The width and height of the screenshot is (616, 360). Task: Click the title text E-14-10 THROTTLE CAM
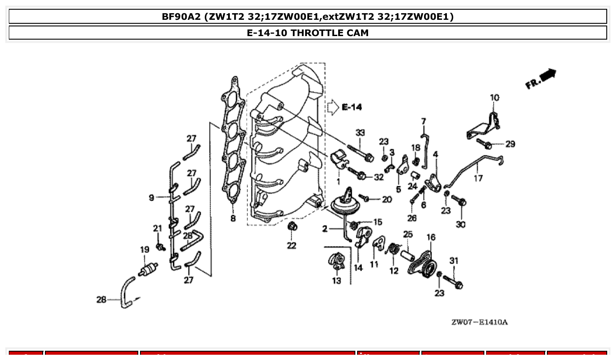(x=308, y=33)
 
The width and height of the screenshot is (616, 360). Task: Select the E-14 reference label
(x=351, y=107)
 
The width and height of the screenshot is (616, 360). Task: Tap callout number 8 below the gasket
(x=232, y=218)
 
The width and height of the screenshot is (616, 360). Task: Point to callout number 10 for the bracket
(x=494, y=98)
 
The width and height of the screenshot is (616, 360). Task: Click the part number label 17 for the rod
(x=478, y=178)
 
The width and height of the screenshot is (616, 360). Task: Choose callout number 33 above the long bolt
(x=360, y=132)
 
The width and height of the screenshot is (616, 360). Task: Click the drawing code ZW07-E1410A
(x=479, y=322)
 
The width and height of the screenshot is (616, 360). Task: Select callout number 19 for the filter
(x=144, y=250)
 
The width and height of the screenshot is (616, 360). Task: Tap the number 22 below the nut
(x=291, y=245)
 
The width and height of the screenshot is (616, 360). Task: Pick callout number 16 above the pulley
(x=431, y=237)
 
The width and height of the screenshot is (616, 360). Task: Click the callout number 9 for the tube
(x=151, y=198)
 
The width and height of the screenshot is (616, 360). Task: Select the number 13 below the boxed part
(x=336, y=280)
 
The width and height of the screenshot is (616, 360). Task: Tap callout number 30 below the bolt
(x=460, y=224)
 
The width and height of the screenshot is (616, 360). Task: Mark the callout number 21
(x=158, y=228)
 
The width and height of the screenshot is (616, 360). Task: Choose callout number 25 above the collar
(x=408, y=234)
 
